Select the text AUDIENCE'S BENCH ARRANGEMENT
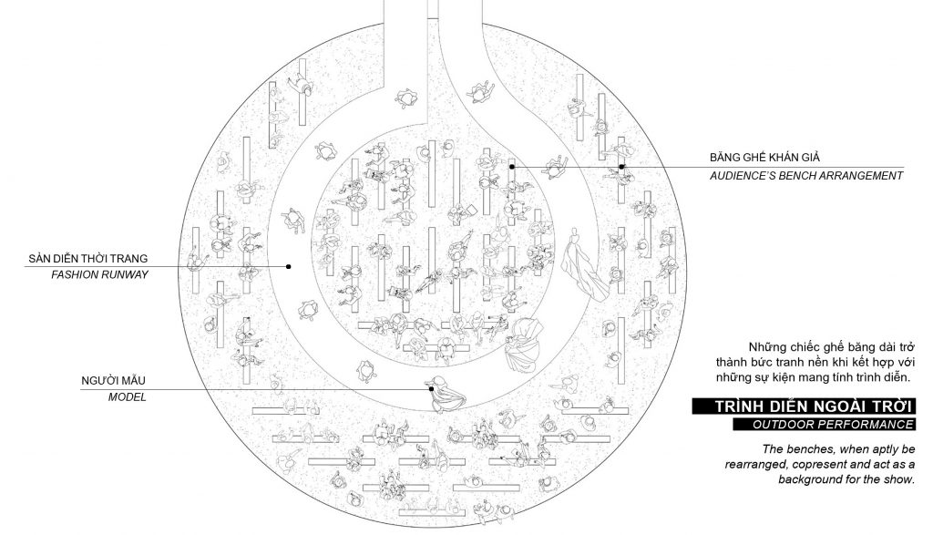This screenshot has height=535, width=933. pos(806,175)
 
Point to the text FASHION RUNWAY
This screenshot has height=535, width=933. pos(99,274)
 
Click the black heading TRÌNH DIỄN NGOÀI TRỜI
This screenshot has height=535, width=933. pos(803,406)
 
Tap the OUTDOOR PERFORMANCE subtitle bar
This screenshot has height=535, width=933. pos(823,425)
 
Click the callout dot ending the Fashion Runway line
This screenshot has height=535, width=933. pos(289,266)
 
